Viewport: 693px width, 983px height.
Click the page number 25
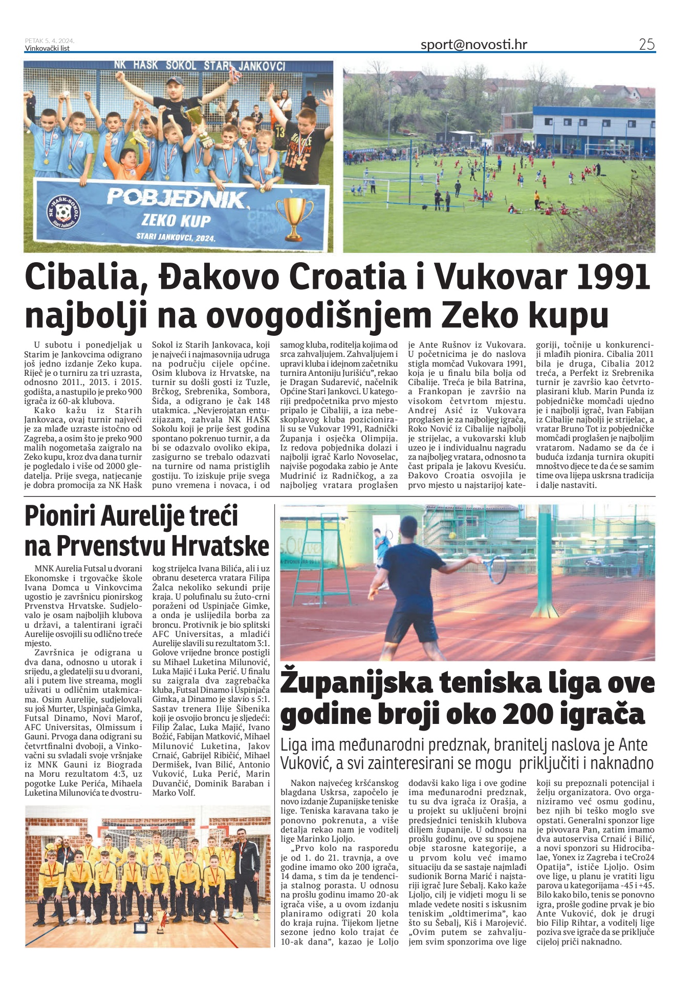(x=646, y=45)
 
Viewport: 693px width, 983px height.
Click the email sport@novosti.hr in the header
(x=473, y=45)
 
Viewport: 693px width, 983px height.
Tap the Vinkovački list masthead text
(x=47, y=48)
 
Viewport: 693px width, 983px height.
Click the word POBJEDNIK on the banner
(x=177, y=199)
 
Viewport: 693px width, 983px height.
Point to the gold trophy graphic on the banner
(x=294, y=218)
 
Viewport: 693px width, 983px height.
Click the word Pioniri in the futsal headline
(x=59, y=516)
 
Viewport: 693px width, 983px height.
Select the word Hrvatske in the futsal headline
(x=220, y=546)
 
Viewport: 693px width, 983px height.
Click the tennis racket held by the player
(x=494, y=569)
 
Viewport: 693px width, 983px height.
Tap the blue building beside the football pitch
(x=594, y=131)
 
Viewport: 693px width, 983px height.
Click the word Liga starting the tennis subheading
(x=294, y=745)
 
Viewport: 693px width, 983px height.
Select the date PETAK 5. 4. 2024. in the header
(x=50, y=41)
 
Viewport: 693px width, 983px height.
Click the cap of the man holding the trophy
(x=175, y=81)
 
